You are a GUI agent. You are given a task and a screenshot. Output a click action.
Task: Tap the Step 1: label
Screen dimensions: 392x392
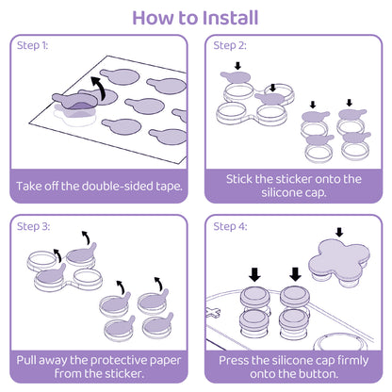[33, 45]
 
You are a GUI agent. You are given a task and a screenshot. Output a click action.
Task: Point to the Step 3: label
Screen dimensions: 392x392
[33, 226]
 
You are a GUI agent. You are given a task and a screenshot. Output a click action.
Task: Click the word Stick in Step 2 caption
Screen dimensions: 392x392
[241, 177]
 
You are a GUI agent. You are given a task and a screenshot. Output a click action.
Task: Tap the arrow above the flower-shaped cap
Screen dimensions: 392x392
[338, 233]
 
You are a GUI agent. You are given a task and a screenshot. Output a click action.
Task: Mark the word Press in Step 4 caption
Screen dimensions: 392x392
[235, 360]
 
